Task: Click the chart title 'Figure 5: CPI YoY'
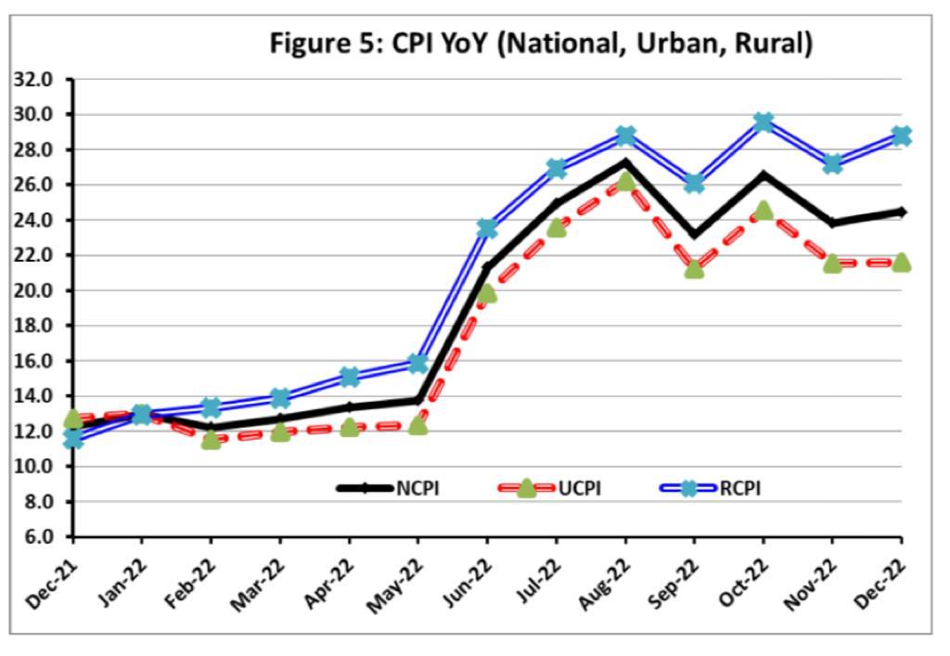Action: click(x=541, y=44)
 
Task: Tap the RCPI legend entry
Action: click(x=739, y=487)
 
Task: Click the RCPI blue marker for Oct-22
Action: click(x=764, y=122)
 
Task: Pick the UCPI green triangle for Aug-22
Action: click(x=625, y=181)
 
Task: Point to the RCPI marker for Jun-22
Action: click(x=487, y=228)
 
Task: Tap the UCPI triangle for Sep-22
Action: click(x=694, y=269)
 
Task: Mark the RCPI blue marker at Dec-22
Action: click(x=901, y=135)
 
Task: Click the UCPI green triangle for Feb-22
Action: click(x=212, y=439)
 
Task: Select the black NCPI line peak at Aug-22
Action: click(x=625, y=161)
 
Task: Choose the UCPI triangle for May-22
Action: click(x=418, y=425)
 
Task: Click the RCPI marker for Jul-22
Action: click(x=557, y=168)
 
